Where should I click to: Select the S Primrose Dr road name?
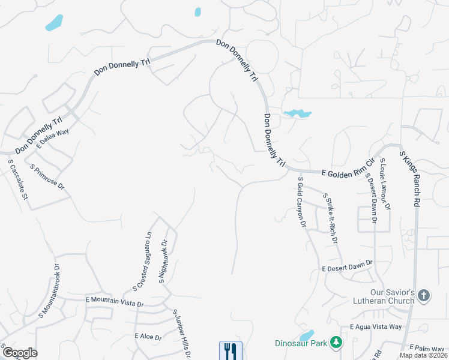[x=47, y=177]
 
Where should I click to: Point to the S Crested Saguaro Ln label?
[x=142, y=262]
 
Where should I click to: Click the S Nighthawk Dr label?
[x=163, y=260]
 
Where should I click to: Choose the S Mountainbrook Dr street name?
[x=50, y=290]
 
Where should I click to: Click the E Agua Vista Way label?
[x=376, y=327]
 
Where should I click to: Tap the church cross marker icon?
[x=424, y=295]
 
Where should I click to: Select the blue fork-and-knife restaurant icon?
[x=231, y=350]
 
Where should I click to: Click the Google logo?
[x=20, y=353]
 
